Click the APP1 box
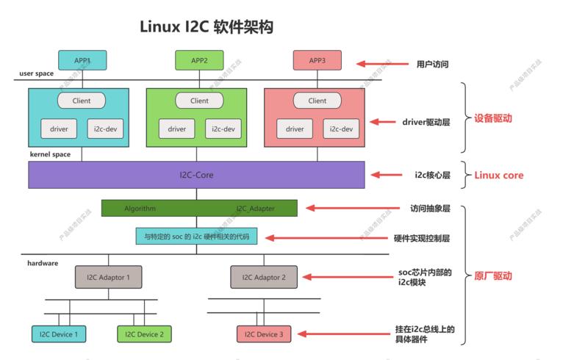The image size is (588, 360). (x=82, y=60)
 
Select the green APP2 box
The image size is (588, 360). (x=199, y=60)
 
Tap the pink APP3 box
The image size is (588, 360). (x=318, y=60)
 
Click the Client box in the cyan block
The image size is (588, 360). (x=82, y=101)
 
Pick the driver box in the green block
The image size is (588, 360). (x=176, y=129)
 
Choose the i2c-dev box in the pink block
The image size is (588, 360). (x=341, y=129)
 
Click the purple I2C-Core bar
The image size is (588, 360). (x=196, y=175)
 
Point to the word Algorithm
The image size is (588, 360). (x=140, y=209)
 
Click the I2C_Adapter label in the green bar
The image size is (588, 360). (x=255, y=209)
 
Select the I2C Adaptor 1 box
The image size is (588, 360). (x=108, y=277)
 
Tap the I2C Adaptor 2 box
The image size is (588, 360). (x=264, y=277)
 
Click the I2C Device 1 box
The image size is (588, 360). (x=59, y=334)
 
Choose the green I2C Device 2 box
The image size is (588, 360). (x=144, y=334)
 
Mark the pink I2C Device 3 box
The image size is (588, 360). (x=264, y=334)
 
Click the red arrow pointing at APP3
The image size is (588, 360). (x=382, y=64)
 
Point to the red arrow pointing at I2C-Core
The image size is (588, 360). (x=387, y=175)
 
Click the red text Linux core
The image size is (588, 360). (x=499, y=175)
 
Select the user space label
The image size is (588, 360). (x=36, y=73)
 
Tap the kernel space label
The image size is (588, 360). (x=50, y=154)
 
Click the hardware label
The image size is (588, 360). (x=43, y=263)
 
